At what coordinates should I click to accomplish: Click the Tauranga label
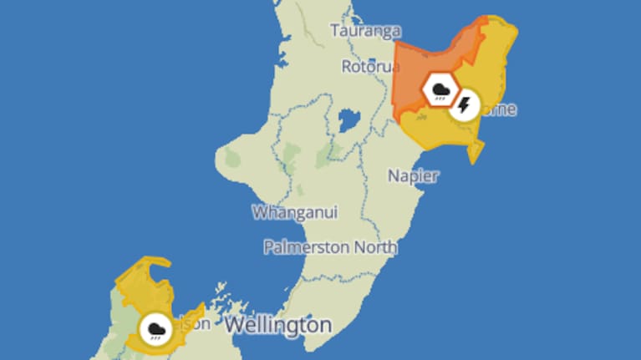pyautogui.click(x=366, y=31)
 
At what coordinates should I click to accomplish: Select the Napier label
pyautogui.click(x=413, y=175)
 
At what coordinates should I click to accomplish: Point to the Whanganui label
pyautogui.click(x=295, y=212)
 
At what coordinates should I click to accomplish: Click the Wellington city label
pyautogui.click(x=277, y=323)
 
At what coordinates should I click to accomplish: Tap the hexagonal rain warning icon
pyautogui.click(x=440, y=89)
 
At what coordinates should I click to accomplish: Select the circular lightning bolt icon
pyautogui.click(x=465, y=104)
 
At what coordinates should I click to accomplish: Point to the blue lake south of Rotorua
pyautogui.click(x=349, y=121)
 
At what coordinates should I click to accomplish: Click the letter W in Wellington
pyautogui.click(x=235, y=323)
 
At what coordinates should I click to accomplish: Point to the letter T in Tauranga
pyautogui.click(x=336, y=31)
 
